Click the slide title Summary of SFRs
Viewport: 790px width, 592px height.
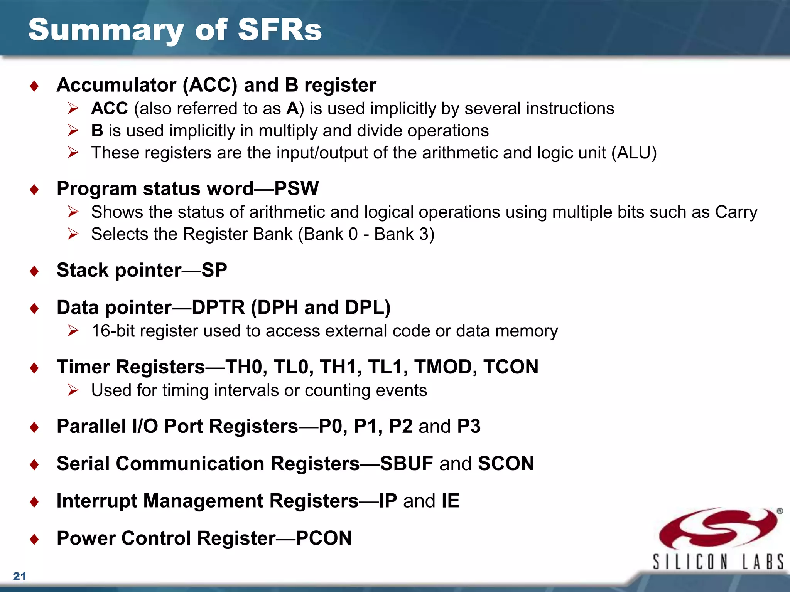[x=175, y=30]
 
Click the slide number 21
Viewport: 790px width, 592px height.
[x=20, y=576]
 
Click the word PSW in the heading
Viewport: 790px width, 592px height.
[x=296, y=188]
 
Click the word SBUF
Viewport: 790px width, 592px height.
[x=406, y=463]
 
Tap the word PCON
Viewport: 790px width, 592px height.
[x=324, y=538]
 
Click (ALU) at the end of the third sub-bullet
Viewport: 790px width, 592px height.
[x=633, y=153]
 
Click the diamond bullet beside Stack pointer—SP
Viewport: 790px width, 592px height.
[x=34, y=271]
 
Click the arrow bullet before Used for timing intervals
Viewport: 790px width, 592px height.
[x=73, y=390]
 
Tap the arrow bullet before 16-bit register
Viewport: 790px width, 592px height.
[x=73, y=331]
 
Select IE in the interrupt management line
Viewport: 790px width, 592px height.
[x=450, y=501]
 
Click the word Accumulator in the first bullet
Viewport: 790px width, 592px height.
[x=116, y=85]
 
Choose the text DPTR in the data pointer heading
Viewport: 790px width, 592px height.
[x=218, y=308]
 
